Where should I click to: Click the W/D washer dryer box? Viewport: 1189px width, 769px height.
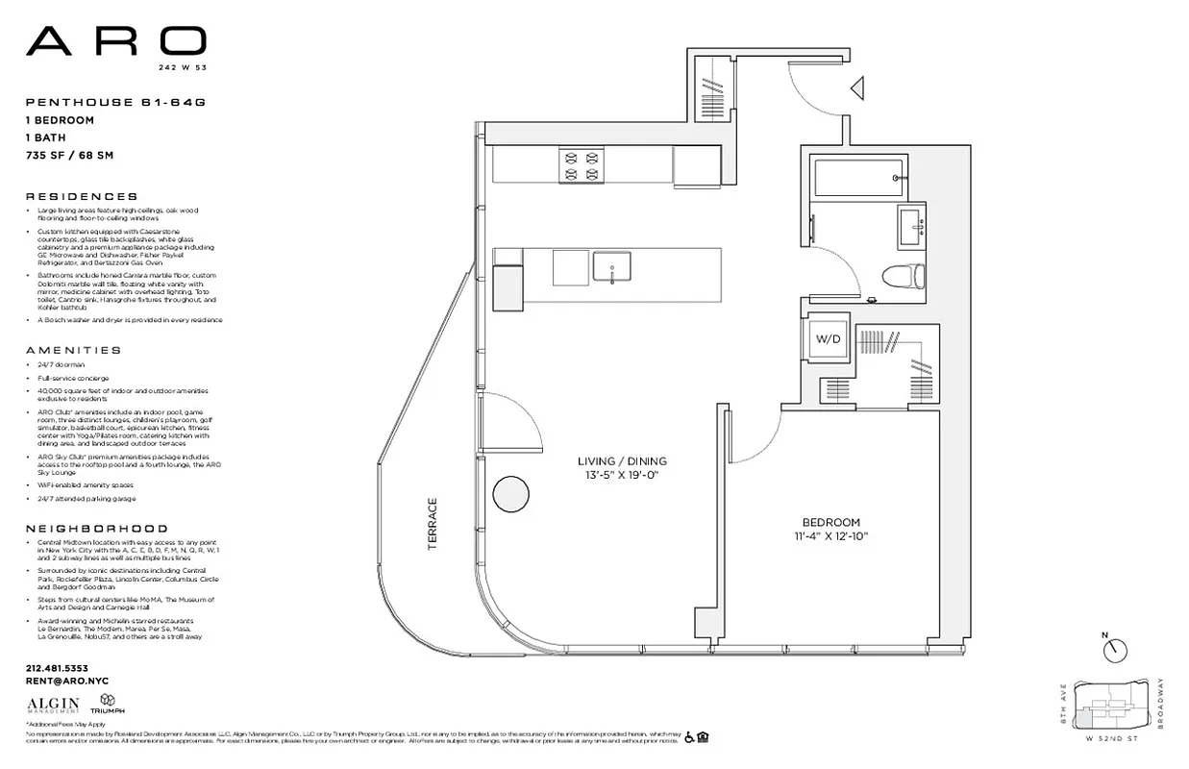829,338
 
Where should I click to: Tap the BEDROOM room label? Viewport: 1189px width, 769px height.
831,522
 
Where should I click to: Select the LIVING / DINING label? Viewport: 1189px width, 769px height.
622,461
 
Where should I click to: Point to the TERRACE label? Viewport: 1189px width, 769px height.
433,524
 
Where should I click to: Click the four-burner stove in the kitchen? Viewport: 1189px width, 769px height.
581,163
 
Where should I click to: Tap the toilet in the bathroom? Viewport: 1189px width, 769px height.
903,276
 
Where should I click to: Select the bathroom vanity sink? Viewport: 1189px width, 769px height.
911,226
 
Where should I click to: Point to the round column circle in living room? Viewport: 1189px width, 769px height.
510,494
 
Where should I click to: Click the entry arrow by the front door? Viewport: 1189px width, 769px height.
858,89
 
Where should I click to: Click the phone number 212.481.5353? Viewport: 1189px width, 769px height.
57,668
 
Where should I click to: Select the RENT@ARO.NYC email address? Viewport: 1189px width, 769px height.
66,681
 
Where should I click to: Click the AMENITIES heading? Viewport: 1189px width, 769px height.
73,351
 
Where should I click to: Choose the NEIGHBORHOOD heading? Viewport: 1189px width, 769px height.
96,529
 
